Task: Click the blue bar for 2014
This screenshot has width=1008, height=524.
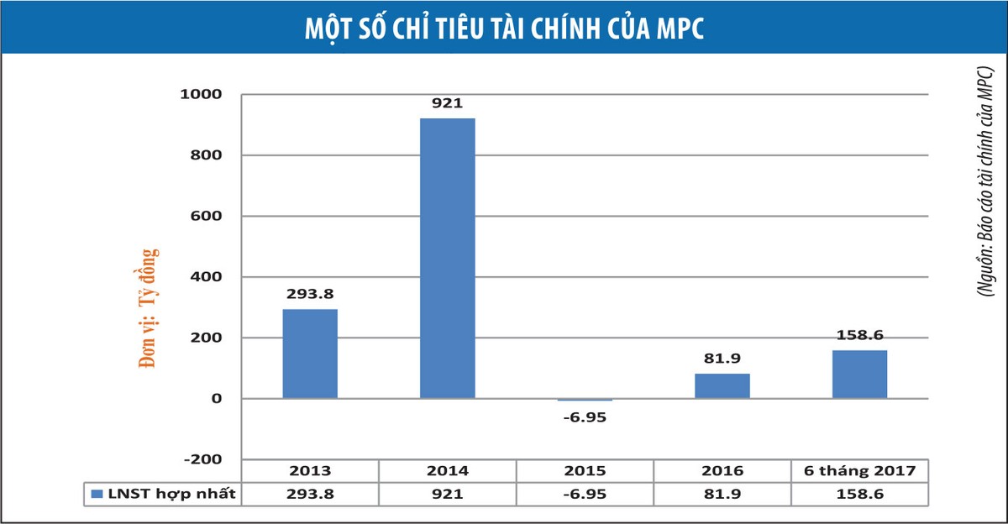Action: [447, 258]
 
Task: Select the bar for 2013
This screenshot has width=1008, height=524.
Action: [309, 354]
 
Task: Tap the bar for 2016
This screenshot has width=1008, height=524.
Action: [722, 385]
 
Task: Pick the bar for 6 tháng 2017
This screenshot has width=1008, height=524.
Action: [859, 374]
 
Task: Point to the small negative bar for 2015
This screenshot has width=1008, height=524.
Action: [585, 400]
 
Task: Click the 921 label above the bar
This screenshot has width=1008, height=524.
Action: [447, 104]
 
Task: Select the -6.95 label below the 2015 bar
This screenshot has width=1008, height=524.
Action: [585, 417]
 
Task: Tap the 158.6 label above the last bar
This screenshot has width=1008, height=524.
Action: [859, 335]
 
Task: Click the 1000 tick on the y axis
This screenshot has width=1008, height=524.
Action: [201, 94]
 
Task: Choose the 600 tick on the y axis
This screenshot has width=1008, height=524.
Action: [205, 216]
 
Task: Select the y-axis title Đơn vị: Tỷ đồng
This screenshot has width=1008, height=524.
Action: [149, 308]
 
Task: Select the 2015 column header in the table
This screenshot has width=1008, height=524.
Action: [585, 471]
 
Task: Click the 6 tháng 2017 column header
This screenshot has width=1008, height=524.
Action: [859, 471]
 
